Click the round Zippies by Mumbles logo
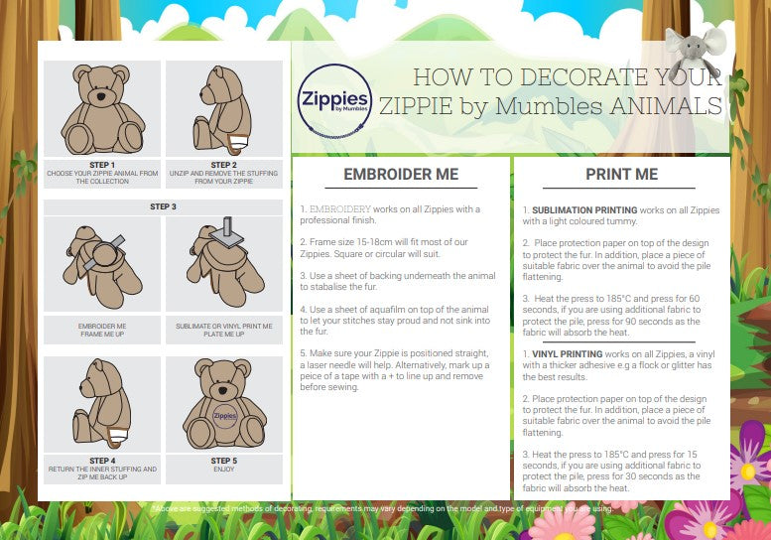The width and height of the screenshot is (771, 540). pyautogui.click(x=334, y=101)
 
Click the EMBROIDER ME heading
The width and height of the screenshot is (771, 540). pyautogui.click(x=401, y=174)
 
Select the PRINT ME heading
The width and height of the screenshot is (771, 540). pyautogui.click(x=621, y=174)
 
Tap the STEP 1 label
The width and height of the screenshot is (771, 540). pyautogui.click(x=101, y=165)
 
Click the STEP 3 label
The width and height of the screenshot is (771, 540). pyautogui.click(x=163, y=206)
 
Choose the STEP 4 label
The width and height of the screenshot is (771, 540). pyautogui.click(x=101, y=461)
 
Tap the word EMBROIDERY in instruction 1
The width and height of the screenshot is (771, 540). pyautogui.click(x=340, y=209)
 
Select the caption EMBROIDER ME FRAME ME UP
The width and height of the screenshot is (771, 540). pyautogui.click(x=101, y=330)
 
